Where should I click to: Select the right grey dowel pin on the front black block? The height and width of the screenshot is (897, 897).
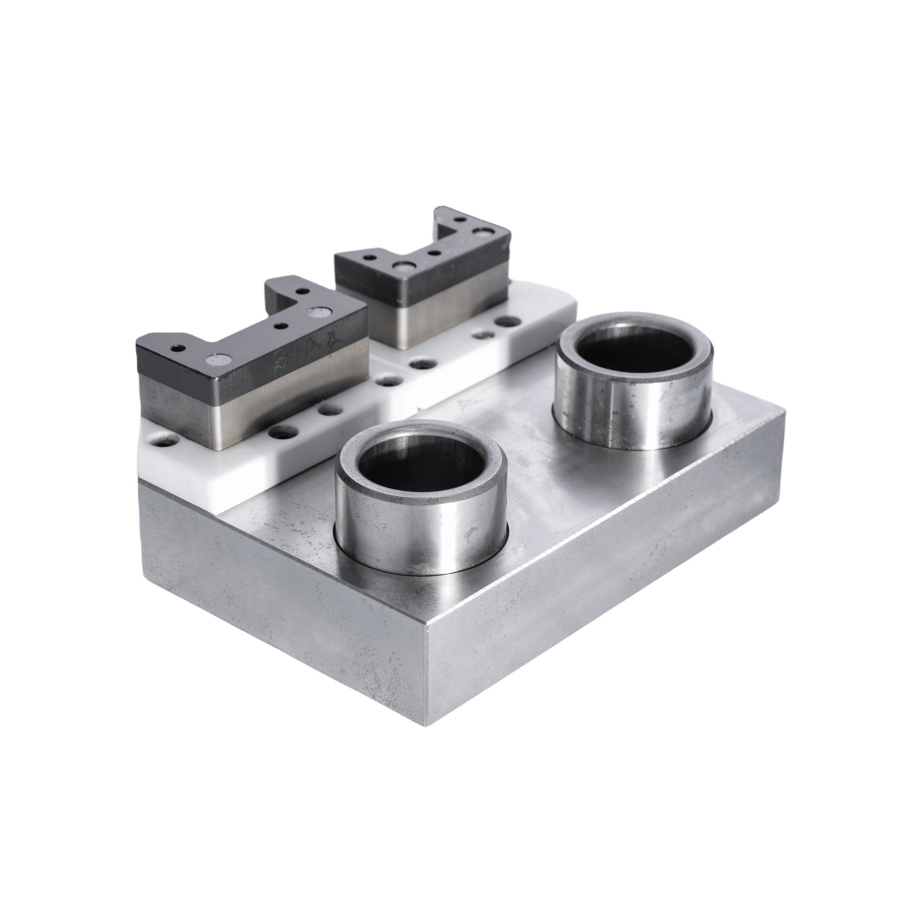[x=320, y=312]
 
